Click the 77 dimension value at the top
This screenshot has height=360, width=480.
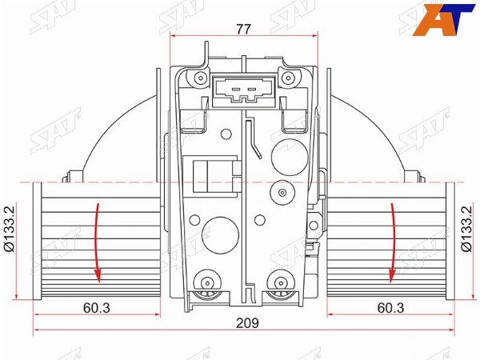tap(243, 29)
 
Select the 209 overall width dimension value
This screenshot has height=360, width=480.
tap(247, 323)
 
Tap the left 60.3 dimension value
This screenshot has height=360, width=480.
tap(97, 308)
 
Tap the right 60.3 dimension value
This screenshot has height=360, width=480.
tap(390, 308)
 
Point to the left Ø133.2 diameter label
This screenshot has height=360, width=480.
tap(9, 228)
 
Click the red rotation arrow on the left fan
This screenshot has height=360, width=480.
tap(98, 242)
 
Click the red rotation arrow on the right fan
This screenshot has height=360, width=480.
tap(392, 242)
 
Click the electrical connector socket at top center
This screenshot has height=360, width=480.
tap(244, 90)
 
